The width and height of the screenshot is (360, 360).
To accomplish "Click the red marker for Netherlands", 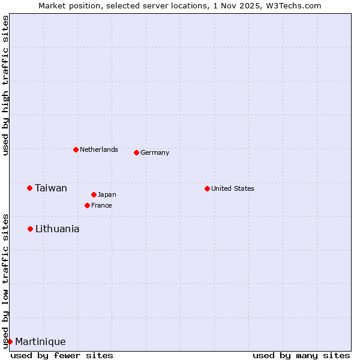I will (x=76, y=149).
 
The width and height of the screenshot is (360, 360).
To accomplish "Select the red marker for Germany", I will (x=136, y=152).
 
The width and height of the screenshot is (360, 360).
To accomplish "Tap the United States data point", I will (x=207, y=188).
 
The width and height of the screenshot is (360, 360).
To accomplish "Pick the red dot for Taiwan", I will (x=29, y=188).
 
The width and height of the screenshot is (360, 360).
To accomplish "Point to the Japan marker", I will (x=94, y=194).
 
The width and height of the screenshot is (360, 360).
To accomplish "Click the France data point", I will (x=87, y=205).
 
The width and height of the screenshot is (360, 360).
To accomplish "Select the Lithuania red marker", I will (x=30, y=229).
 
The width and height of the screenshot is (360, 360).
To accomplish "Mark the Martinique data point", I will (x=10, y=341).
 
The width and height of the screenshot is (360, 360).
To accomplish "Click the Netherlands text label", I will (x=98, y=149).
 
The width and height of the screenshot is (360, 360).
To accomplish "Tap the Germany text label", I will (x=155, y=152).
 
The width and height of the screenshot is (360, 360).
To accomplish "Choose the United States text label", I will (x=232, y=188).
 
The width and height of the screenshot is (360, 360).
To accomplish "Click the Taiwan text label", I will (x=51, y=188).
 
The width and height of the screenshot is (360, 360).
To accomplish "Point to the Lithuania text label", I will (x=57, y=229).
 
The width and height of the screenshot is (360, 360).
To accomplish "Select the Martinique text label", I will (x=40, y=341).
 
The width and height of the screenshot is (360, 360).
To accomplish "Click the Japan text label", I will (x=107, y=194).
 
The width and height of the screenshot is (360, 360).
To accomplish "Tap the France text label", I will (x=101, y=205).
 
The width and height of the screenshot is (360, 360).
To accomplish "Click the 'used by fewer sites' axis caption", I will (x=62, y=355).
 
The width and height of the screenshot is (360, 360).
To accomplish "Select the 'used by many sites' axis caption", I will (x=301, y=355).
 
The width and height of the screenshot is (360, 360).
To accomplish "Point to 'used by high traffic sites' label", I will (x=5, y=85).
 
